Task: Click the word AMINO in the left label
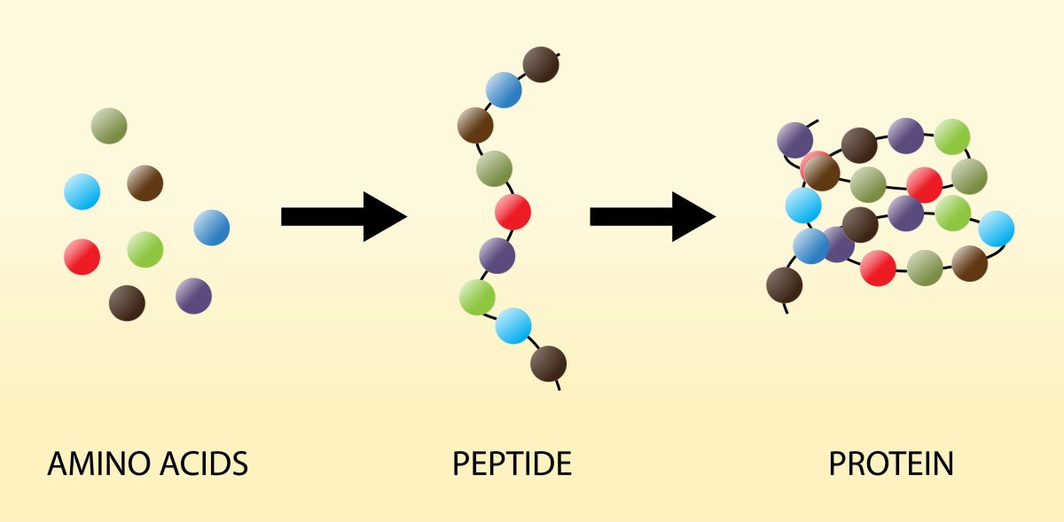(x=99, y=464)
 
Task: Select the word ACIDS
(x=204, y=464)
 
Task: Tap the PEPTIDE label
(x=512, y=464)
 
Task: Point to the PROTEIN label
(x=891, y=464)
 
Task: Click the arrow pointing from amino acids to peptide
(x=344, y=216)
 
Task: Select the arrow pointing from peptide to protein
(x=653, y=216)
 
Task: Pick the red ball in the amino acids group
(x=82, y=257)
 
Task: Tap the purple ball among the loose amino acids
(x=194, y=296)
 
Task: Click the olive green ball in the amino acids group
(x=109, y=126)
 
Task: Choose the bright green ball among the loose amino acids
(x=145, y=250)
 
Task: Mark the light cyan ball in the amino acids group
(x=82, y=191)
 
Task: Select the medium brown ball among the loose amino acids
(x=145, y=183)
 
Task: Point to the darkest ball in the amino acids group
(x=127, y=303)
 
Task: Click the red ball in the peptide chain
(x=513, y=212)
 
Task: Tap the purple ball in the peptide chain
(x=497, y=255)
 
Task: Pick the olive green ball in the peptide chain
(x=495, y=168)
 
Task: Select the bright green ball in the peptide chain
(x=477, y=297)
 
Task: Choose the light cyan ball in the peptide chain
(x=513, y=326)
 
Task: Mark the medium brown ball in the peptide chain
(x=475, y=125)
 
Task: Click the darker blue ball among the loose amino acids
(x=212, y=228)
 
